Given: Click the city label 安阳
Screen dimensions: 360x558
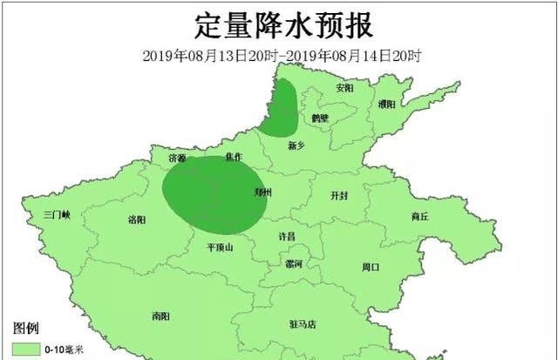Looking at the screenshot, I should [x=345, y=88].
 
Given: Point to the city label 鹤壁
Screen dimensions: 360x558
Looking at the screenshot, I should [x=320, y=118].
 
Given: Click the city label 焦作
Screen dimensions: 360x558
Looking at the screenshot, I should [x=233, y=157].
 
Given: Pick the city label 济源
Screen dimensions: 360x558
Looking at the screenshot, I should [x=177, y=159].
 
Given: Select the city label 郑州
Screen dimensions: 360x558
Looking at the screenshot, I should [x=262, y=192].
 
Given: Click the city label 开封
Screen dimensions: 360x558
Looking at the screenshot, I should [x=338, y=197].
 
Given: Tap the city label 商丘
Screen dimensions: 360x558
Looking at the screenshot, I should [x=419, y=216].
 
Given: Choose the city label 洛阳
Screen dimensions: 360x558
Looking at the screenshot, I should [x=137, y=220].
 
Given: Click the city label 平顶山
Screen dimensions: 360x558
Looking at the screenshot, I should [x=219, y=248].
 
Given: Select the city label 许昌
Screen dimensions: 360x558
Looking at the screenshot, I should [x=287, y=236].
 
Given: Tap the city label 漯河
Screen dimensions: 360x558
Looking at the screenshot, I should [x=293, y=263].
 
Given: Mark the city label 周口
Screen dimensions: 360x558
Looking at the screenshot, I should [x=371, y=267].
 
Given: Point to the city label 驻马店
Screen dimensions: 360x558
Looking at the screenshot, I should [x=302, y=324].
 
